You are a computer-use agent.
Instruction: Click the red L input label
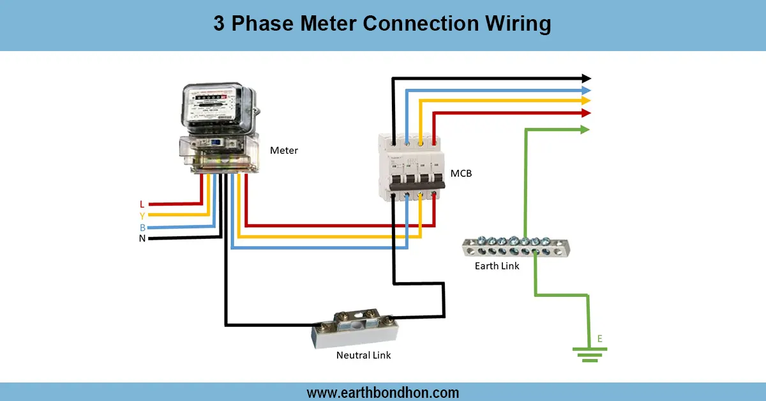142,204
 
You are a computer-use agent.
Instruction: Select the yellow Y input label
142,216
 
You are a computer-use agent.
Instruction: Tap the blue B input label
142,227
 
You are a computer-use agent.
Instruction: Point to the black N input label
142,239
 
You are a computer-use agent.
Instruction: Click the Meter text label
283,151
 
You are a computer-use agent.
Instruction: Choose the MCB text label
461,173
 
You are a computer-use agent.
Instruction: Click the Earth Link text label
497,266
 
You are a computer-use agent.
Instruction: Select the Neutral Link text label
363,354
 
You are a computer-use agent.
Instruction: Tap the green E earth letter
599,338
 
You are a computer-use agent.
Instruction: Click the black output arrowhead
586,79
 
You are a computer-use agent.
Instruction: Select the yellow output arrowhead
586,101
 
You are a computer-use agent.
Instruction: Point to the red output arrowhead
586,113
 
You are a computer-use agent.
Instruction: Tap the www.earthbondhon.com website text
382,392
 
